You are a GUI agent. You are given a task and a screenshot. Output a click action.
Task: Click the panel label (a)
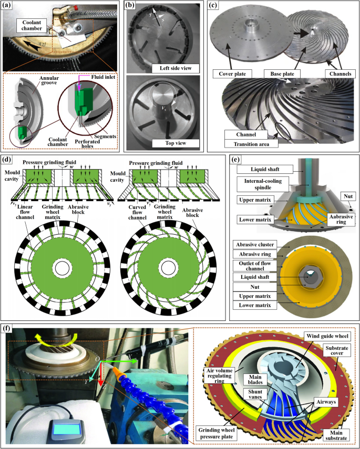[7, 5]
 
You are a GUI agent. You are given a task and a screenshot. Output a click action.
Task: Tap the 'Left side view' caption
[176, 68]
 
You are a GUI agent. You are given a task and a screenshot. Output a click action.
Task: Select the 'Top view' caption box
[176, 143]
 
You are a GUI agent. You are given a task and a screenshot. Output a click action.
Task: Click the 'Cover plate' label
[232, 74]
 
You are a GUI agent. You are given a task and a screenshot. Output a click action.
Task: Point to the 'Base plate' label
[282, 74]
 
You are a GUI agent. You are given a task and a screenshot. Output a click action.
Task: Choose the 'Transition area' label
[251, 144]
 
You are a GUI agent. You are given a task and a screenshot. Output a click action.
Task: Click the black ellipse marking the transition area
[283, 131]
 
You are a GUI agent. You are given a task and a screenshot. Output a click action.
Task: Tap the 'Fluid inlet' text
[104, 77]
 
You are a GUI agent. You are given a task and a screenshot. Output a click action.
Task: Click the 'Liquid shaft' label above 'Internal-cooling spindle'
[265, 169]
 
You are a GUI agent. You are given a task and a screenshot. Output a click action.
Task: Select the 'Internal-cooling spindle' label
[263, 184]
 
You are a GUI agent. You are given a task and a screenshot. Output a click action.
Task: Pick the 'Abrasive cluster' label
[255, 245]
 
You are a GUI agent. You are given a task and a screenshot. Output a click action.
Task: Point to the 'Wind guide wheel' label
[327, 336]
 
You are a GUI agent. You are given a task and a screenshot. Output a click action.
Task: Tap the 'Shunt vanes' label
[255, 394]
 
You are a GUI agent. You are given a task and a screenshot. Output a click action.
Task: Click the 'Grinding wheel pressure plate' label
[217, 433]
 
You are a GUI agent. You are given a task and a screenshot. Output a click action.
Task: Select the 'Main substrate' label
[336, 435]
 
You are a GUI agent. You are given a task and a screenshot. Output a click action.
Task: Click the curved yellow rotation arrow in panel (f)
[54, 337]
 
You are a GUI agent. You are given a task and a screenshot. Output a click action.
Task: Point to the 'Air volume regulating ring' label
[219, 375]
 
